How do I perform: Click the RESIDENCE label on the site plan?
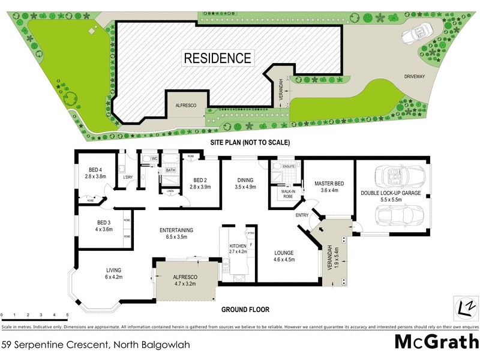[x=217, y=58]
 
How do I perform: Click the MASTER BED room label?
[x=329, y=184]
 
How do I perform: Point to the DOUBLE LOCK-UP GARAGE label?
[x=391, y=193]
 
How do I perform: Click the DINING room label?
[x=244, y=179]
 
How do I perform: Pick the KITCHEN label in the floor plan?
[x=238, y=247]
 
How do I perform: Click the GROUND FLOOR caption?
[x=245, y=310]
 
